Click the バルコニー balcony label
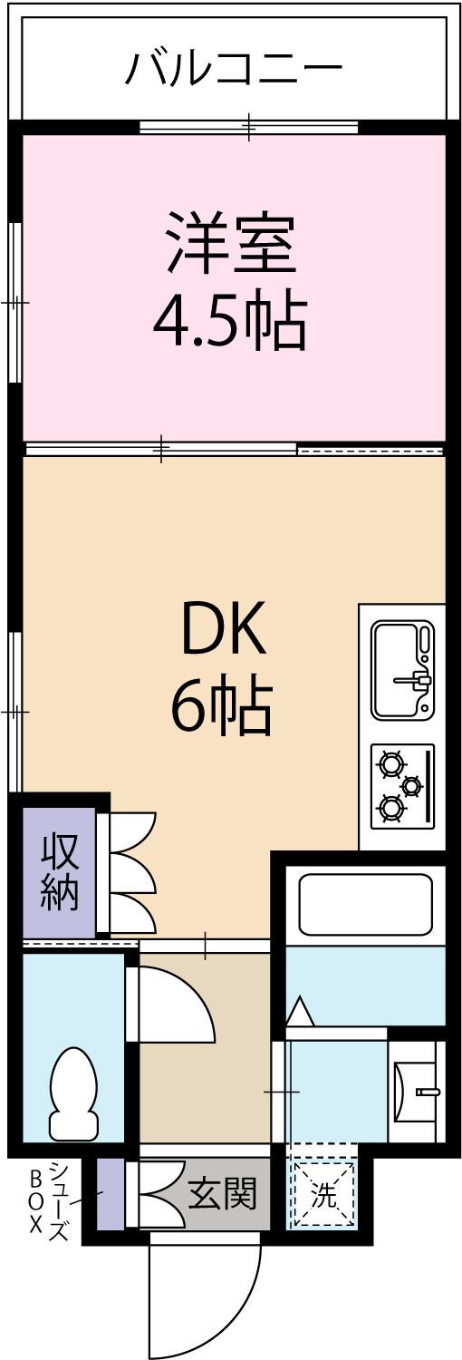[x=234, y=68]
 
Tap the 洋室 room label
[x=230, y=242]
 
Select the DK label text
[x=224, y=629]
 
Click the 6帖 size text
[x=222, y=707]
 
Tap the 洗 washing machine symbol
[x=323, y=1196]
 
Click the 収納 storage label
[x=60, y=871]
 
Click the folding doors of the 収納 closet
[x=129, y=872]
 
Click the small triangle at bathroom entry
[x=300, y=1010]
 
